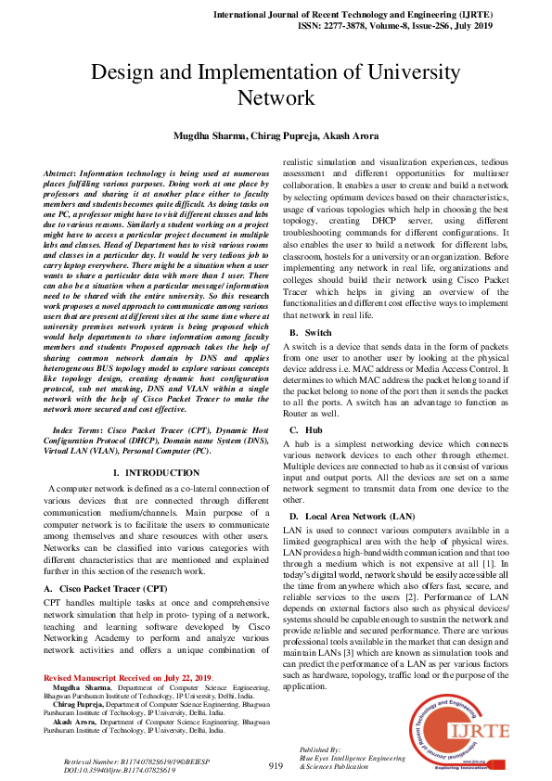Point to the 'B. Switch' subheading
(312, 332)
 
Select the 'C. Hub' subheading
(307, 429)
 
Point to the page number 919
(276, 765)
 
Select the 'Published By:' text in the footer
(321, 748)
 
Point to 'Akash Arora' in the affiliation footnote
(76, 722)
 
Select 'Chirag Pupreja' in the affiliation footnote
(82, 705)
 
